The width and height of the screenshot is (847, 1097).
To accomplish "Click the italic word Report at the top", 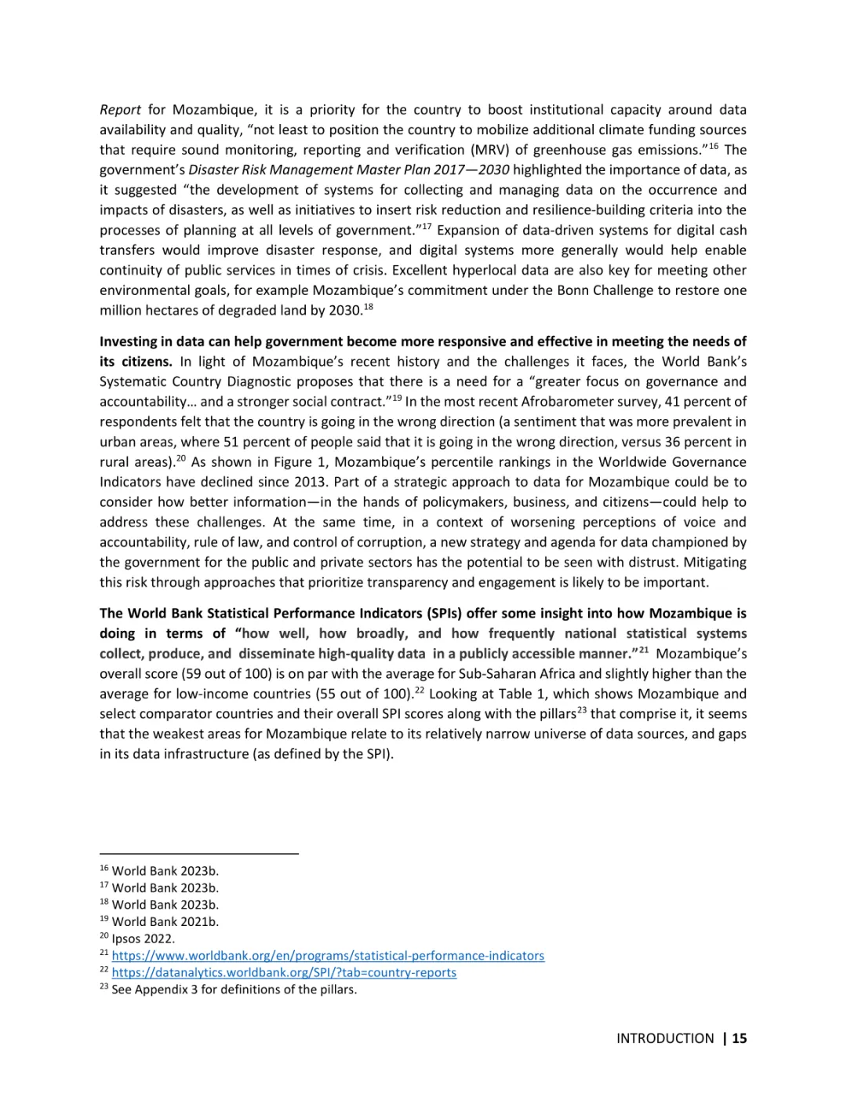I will click(120, 110).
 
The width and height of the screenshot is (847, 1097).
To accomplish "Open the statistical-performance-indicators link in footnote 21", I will click(328, 956).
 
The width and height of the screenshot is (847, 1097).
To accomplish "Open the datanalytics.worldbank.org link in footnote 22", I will click(284, 972).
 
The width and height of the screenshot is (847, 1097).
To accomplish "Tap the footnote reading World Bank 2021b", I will click(165, 922).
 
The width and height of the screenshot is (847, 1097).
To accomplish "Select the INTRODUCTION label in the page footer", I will click(665, 1038).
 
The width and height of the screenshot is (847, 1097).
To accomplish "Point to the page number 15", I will click(739, 1038).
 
